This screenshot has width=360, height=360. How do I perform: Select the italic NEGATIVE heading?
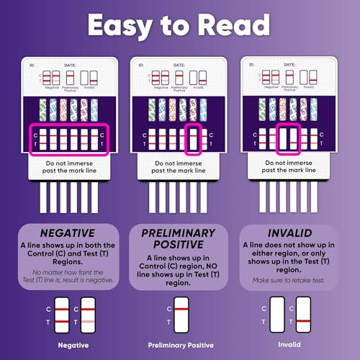click(x=68, y=234)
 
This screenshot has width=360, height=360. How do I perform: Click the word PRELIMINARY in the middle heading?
click(x=179, y=234)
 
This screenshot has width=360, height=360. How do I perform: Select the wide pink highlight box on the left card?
click(x=68, y=140)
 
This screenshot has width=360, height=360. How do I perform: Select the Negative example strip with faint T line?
click(x=88, y=315)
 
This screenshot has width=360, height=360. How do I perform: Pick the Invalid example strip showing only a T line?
click(x=303, y=315)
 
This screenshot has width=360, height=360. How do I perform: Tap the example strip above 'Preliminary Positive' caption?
click(x=181, y=315)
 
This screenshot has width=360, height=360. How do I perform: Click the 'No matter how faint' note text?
click(x=68, y=275)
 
